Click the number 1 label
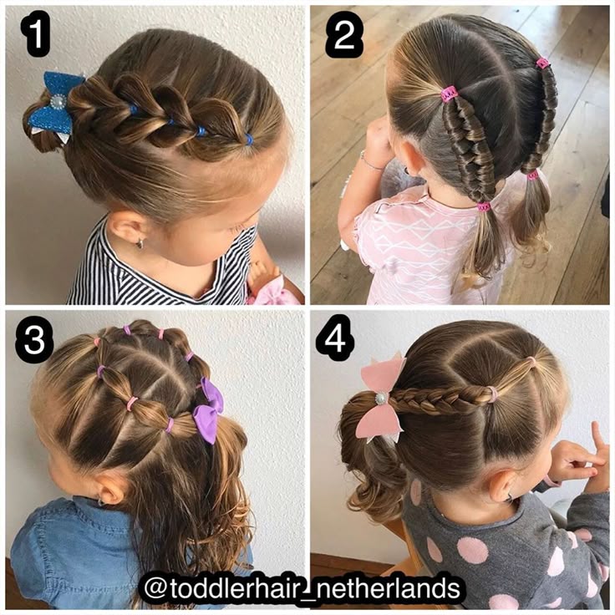[35, 33]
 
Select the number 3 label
[33, 339]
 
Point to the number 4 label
[336, 338]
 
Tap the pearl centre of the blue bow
[58, 102]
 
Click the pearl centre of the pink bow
[380, 399]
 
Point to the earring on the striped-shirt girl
[140, 244]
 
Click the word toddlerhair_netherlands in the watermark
[315, 588]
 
